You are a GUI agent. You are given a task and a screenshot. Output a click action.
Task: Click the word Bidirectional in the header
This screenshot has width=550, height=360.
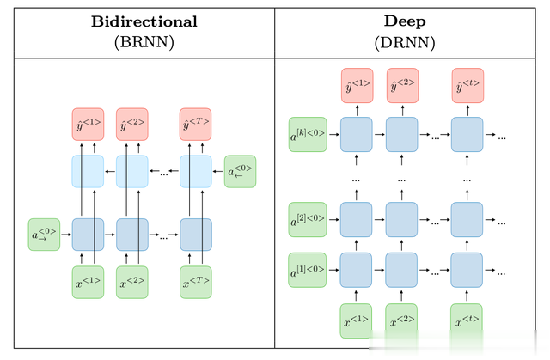[x=144, y=21]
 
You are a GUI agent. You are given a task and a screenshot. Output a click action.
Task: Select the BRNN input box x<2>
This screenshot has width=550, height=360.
[x=132, y=283]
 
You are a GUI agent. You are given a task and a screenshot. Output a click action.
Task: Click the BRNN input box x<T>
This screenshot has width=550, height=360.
[x=195, y=283]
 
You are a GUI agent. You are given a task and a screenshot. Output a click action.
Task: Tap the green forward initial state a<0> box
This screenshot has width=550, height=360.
[x=43, y=234]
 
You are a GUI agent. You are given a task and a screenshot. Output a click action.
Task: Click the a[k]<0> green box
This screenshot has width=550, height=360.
[x=308, y=134]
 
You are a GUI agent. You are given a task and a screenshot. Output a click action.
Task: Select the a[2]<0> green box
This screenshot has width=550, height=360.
[x=308, y=218]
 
